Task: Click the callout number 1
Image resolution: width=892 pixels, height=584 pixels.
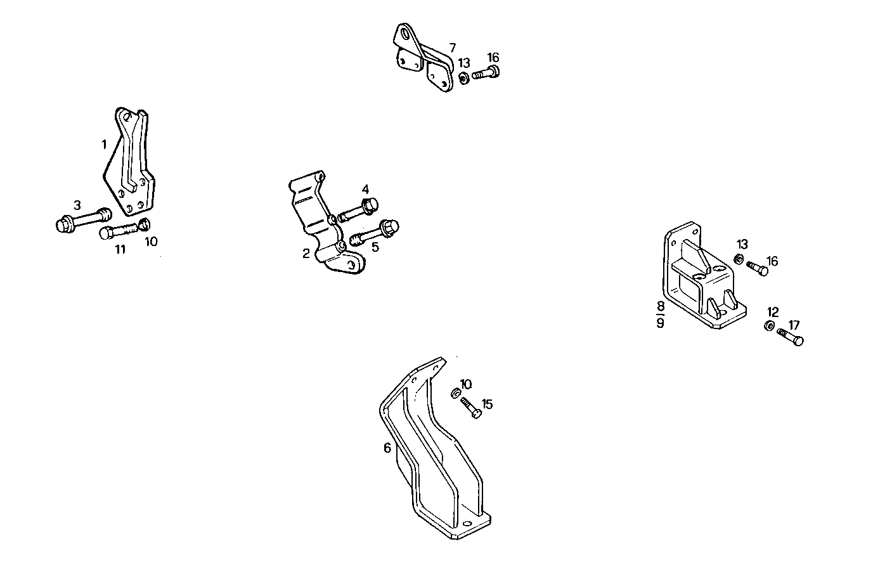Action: point(104,145)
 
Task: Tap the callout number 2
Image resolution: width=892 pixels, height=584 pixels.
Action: point(306,254)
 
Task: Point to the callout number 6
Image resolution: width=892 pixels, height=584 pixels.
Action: point(387,448)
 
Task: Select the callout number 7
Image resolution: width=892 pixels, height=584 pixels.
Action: point(452,48)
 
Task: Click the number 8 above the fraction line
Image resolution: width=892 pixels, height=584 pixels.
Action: point(661,306)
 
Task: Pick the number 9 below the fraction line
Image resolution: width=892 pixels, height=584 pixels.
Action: point(661,323)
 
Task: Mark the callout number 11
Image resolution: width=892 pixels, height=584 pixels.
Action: point(120,249)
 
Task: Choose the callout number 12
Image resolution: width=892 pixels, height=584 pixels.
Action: point(773,312)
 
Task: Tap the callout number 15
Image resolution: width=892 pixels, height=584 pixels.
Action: point(487,404)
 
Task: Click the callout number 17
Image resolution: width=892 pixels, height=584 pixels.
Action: point(794,325)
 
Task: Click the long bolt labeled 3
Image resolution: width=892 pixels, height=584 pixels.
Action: point(84,221)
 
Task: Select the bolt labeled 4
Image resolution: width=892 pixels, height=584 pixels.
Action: point(359,209)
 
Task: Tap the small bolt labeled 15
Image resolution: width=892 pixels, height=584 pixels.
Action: point(470,408)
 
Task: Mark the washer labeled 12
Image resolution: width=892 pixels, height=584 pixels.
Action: point(768,327)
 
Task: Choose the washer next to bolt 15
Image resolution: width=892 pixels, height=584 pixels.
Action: point(455,394)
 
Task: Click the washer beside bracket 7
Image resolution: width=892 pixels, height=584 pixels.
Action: point(463,78)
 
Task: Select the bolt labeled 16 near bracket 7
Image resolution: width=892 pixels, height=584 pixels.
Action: point(486,74)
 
